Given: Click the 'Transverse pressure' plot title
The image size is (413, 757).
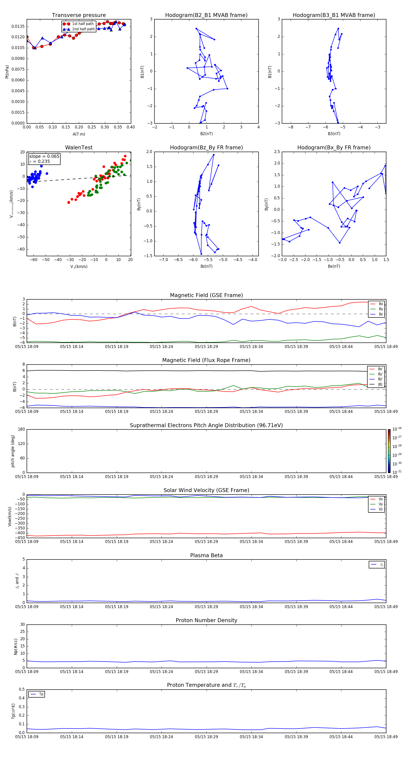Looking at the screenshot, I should (79, 15).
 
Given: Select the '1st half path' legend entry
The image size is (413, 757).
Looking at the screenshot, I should (83, 24).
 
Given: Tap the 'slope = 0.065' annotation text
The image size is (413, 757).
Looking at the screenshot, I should (44, 156).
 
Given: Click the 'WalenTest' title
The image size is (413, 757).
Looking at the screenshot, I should (79, 148).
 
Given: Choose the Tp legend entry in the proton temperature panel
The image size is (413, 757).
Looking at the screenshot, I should (41, 694).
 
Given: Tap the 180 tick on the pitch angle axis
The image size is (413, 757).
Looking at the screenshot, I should (22, 429).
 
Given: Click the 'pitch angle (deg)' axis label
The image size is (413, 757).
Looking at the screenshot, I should (13, 451).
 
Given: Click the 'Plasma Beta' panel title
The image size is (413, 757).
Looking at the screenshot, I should (206, 555).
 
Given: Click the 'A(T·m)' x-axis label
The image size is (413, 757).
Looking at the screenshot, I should (79, 134).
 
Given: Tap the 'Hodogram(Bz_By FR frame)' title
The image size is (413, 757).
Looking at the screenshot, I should (206, 148).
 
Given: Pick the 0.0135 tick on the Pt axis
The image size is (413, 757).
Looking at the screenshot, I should (18, 26).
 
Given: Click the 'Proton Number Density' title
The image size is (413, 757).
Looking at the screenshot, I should (206, 620).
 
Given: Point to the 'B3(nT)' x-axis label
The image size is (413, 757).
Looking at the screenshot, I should (334, 134).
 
